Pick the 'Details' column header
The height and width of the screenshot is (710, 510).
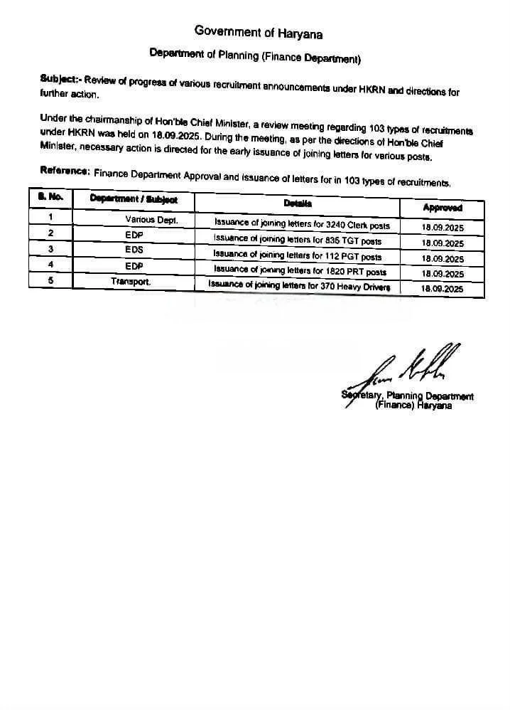pos(298,203)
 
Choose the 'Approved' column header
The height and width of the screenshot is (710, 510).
pos(442,208)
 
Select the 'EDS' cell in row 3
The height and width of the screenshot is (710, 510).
pos(134,250)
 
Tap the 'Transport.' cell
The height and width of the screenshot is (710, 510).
pos(131,282)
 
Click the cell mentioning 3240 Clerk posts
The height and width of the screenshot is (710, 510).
pos(302,224)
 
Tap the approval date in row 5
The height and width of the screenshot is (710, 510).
pos(442,289)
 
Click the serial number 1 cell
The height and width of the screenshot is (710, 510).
pos(50,216)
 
